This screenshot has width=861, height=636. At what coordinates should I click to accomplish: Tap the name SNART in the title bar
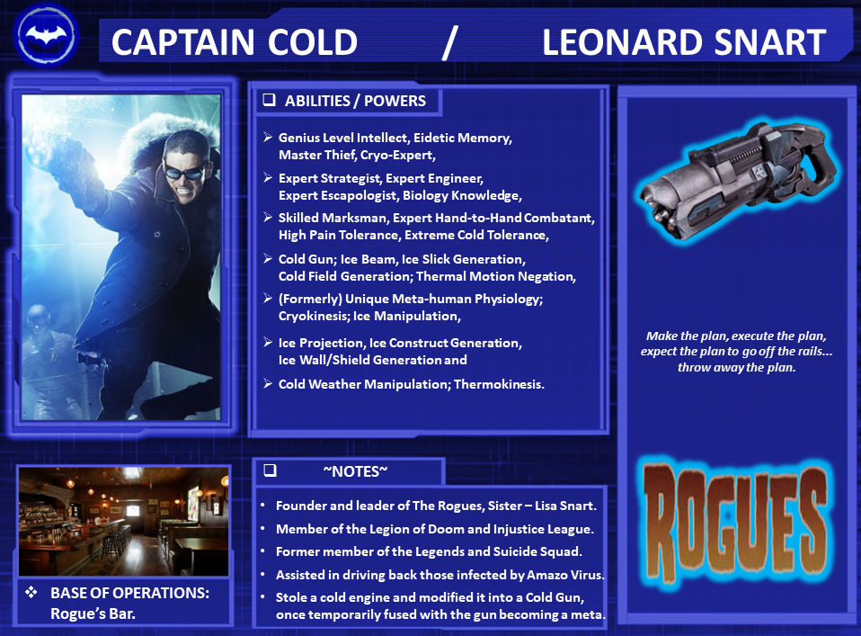pyautogui.click(x=772, y=42)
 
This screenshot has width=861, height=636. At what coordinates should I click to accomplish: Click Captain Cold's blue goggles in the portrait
pyautogui.click(x=187, y=168)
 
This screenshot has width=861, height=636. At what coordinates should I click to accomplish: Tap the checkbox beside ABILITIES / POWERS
pyautogui.click(x=268, y=101)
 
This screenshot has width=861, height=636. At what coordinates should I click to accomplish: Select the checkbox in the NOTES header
pyautogui.click(x=269, y=470)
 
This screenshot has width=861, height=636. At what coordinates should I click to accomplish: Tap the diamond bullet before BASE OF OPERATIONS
pyautogui.click(x=31, y=595)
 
